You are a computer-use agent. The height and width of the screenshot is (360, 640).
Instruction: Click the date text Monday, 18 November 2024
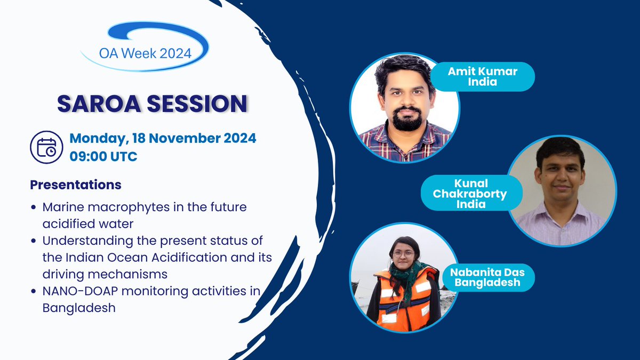click(x=163, y=138)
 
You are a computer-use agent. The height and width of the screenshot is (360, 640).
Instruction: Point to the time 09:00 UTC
click(x=103, y=157)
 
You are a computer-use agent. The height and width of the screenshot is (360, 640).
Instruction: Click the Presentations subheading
click(x=76, y=185)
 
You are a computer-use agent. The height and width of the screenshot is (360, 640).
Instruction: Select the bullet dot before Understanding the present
click(x=34, y=241)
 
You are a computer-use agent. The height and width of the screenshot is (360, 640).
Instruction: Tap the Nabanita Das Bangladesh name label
click(x=487, y=277)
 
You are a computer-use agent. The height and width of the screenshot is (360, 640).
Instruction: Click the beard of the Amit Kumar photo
click(x=407, y=120)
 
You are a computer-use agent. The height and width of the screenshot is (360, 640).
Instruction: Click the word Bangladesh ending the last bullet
click(x=79, y=308)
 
